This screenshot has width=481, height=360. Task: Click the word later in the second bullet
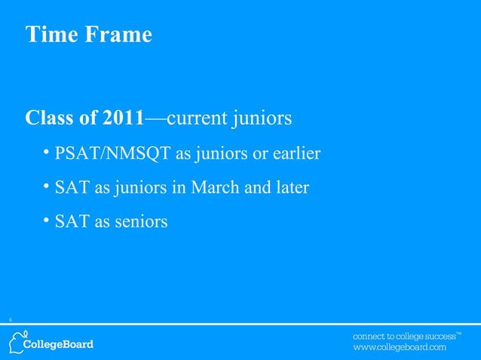290,188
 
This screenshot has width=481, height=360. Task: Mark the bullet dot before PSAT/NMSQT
47,154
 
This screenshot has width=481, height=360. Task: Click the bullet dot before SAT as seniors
47,221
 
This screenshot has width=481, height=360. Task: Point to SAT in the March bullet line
72,188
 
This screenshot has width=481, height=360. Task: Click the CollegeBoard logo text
60,345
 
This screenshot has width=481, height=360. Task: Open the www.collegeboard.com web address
400,348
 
